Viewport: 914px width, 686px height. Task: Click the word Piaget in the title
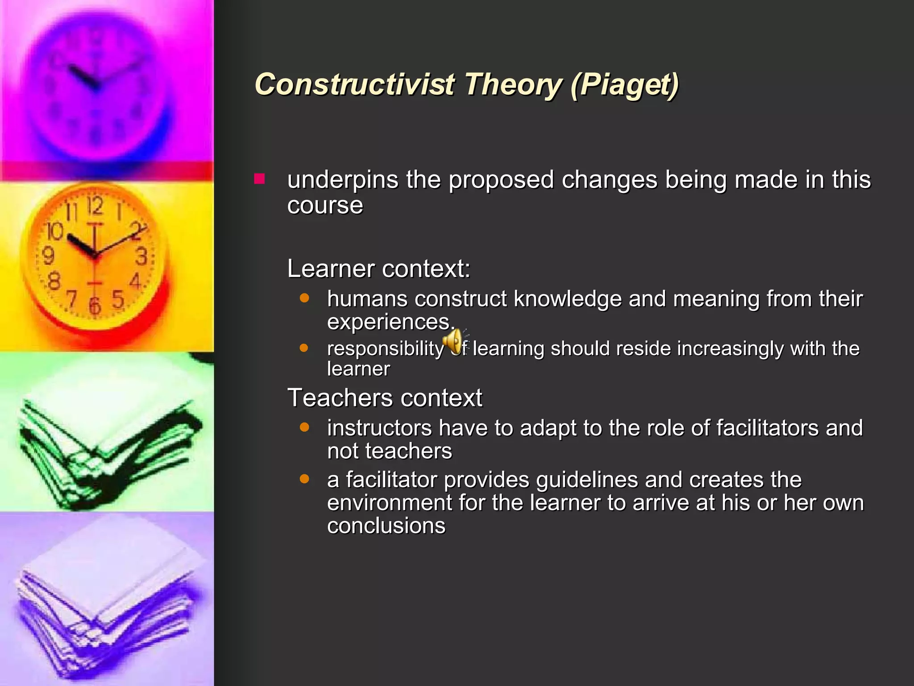click(625, 85)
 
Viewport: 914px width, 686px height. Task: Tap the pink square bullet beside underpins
click(259, 179)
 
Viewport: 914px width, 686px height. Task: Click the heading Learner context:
click(378, 269)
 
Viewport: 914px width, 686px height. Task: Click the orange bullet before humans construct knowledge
click(304, 298)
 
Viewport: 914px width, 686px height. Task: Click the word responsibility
click(385, 348)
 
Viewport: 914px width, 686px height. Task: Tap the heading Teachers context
click(385, 397)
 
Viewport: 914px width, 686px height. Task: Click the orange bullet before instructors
click(304, 427)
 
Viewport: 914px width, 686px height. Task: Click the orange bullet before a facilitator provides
click(304, 479)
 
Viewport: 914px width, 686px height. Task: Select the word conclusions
click(386, 526)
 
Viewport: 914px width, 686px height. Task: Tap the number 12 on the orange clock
click(95, 206)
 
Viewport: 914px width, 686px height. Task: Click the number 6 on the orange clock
click(94, 305)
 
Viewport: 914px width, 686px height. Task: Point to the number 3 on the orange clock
click(141, 257)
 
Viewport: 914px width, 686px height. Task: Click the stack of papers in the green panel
click(107, 438)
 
